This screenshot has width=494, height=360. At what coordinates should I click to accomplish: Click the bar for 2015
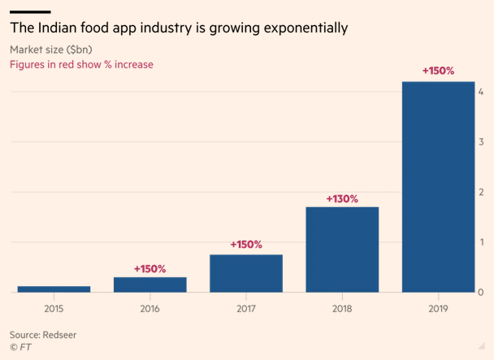click(x=54, y=288)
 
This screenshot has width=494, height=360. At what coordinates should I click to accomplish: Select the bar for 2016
click(x=149, y=284)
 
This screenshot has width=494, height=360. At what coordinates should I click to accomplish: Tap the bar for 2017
click(x=245, y=274)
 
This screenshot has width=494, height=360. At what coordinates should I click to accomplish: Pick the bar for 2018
click(x=342, y=249)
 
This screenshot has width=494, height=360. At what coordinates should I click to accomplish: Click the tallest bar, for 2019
click(x=438, y=187)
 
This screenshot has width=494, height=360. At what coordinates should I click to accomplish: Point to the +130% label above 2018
click(x=342, y=198)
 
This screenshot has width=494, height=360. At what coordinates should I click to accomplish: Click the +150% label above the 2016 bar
click(x=149, y=268)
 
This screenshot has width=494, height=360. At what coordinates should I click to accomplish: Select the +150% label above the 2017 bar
click(x=245, y=245)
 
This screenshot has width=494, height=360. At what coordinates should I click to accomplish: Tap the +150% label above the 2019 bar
click(x=438, y=71)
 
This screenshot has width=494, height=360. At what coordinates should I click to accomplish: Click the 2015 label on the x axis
click(x=54, y=308)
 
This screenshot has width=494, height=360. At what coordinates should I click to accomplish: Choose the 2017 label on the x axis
click(x=245, y=308)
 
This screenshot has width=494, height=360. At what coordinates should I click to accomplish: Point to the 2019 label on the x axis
click(x=438, y=308)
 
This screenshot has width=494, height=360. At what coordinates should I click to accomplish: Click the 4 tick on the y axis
click(x=482, y=91)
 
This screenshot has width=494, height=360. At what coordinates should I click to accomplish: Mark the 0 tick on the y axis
click(x=482, y=293)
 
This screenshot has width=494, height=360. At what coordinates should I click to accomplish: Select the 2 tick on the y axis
click(x=482, y=192)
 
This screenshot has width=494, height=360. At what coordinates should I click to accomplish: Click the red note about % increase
click(x=80, y=64)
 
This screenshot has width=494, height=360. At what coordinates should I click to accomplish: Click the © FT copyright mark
click(x=19, y=348)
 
